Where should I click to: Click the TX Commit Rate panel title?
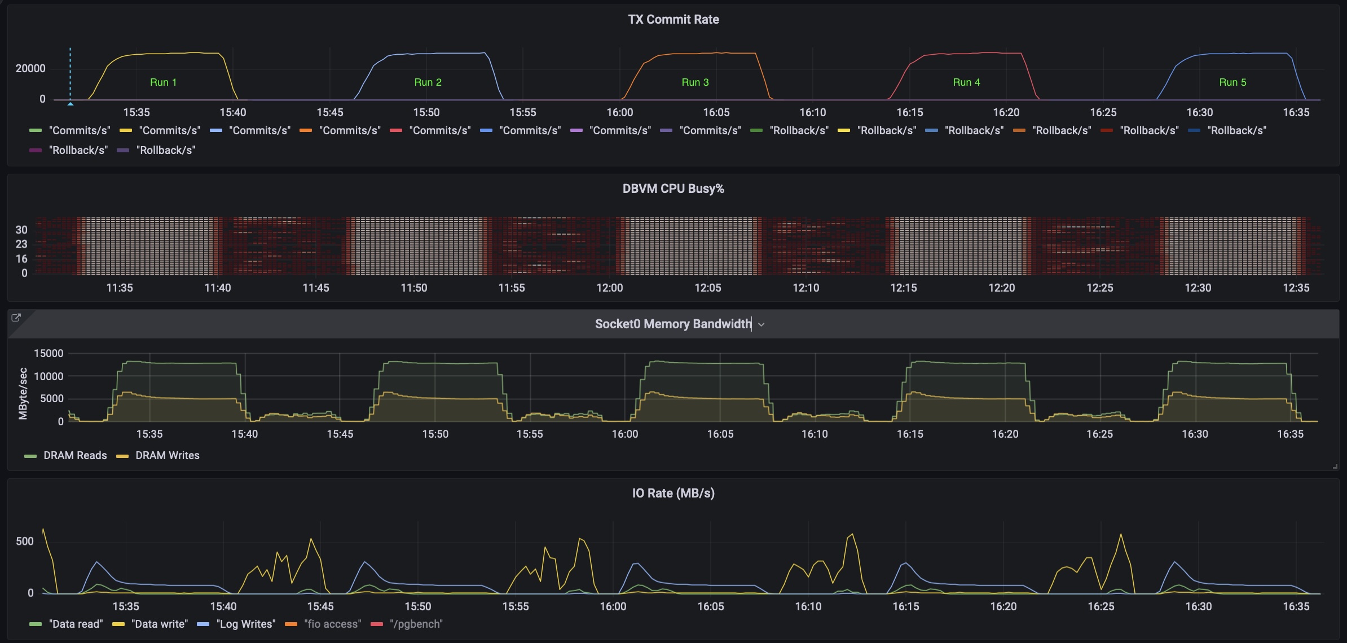pyautogui.click(x=673, y=19)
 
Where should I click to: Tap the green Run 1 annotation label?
pyautogui.click(x=163, y=82)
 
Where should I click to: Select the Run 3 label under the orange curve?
pyautogui.click(x=695, y=82)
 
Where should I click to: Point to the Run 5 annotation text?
pyautogui.click(x=1232, y=82)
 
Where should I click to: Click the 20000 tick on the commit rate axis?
pyautogui.click(x=30, y=68)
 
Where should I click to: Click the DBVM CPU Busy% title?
pyautogui.click(x=673, y=188)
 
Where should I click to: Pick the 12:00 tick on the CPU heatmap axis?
pyautogui.click(x=610, y=288)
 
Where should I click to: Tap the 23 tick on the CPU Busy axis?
pyautogui.click(x=21, y=244)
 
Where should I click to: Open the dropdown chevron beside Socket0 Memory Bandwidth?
pyautogui.click(x=761, y=324)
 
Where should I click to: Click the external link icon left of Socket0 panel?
pyautogui.click(x=16, y=318)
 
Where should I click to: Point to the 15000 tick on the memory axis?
pyautogui.click(x=49, y=354)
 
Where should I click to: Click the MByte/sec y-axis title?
pyautogui.click(x=23, y=393)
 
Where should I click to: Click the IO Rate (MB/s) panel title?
pyautogui.click(x=673, y=493)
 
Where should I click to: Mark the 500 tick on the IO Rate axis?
pyautogui.click(x=25, y=541)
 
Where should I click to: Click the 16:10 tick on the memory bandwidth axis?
pyautogui.click(x=815, y=434)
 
